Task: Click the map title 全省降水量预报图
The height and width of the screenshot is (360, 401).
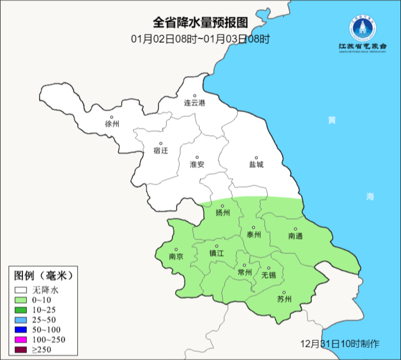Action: pos(200,23)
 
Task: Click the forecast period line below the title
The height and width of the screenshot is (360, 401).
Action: pos(200,39)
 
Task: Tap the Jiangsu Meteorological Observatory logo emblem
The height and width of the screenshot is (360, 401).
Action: pos(362,29)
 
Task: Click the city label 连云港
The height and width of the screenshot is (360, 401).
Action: pos(195,103)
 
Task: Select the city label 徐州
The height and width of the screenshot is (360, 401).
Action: pos(112,124)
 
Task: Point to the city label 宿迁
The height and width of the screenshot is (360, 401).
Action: pos(161,150)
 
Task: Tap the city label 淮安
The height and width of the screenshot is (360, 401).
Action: pos(197,164)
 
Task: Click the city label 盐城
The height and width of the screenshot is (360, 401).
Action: pos(256,164)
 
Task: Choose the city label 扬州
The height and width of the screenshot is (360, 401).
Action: pos(223,213)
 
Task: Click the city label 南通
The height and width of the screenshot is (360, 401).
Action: pos(296,236)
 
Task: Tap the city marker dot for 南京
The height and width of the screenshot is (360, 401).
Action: pos(176,250)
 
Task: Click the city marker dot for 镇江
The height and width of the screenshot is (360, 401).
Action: pos(217,246)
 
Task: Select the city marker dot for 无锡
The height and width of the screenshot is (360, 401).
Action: pos(269,268)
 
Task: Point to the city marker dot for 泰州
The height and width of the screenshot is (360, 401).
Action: pos(254,227)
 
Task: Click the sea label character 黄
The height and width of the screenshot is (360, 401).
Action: pos(332,120)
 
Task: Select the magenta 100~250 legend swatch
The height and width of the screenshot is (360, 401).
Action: pos(21,340)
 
